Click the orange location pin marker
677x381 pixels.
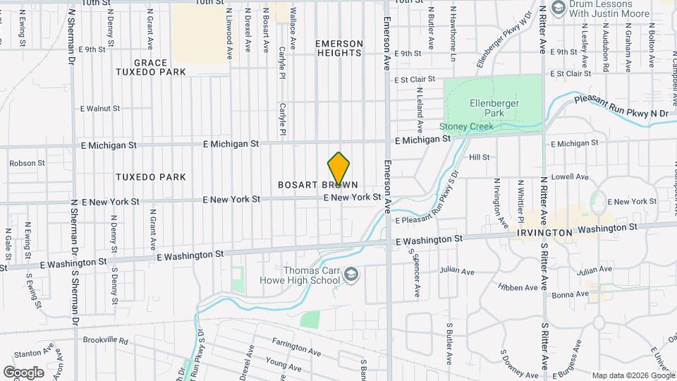coord(339,169)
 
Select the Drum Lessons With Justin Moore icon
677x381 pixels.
coord(559,8)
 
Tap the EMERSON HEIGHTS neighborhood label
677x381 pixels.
coord(339,48)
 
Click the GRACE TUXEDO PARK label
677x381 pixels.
coord(150,67)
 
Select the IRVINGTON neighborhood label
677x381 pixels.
coord(543,232)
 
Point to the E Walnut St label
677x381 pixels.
coord(100,109)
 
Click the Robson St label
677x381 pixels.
coord(27,163)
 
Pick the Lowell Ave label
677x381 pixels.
coord(571,177)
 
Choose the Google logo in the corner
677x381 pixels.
coord(23,372)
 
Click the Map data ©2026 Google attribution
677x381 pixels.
coord(633,375)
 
